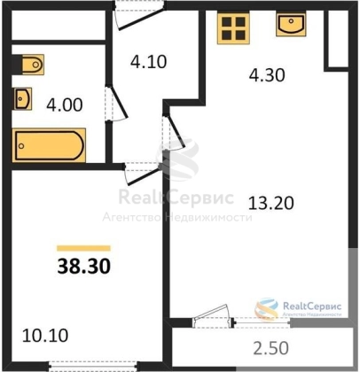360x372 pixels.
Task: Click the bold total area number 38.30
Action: pos(84,266)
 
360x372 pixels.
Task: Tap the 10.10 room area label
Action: pos(45,336)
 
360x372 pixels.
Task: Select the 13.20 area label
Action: pos(271,203)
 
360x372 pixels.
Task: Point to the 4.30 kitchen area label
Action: pos(267,75)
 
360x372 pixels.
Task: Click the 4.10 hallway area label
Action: pos(149,62)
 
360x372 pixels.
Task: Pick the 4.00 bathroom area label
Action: pos(65,105)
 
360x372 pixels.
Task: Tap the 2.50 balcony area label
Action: pos(271,348)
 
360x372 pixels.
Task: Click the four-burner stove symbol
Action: pos(233,28)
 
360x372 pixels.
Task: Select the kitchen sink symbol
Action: pos(291,24)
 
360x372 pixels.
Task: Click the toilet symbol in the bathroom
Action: pos(31,65)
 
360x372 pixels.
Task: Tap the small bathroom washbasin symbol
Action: pos(22,99)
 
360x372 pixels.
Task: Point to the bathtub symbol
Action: pos(49,145)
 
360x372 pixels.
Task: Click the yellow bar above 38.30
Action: pos(83,248)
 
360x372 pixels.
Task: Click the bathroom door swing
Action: pos(116,103)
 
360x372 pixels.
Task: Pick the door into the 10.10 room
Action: pos(143,174)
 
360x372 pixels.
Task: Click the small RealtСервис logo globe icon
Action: pos(267,308)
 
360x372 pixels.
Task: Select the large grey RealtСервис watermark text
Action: pos(176,197)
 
